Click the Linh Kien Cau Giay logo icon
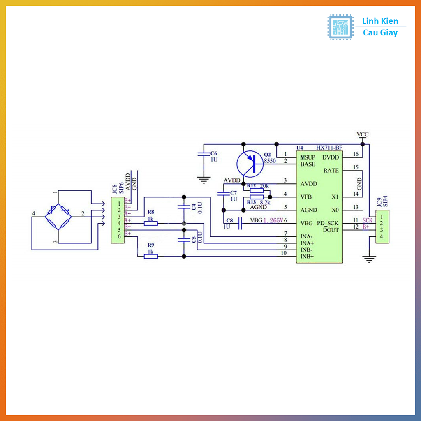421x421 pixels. [340, 27]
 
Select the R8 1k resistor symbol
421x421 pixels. [151, 223]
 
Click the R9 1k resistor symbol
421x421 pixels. [151, 257]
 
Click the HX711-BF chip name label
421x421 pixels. [328, 148]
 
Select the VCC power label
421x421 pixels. [363, 135]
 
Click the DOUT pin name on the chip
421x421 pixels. [331, 230]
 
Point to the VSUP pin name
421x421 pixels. [308, 157]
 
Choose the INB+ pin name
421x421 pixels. [307, 257]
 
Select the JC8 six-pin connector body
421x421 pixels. [117, 220]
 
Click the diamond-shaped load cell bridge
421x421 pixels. [58, 216]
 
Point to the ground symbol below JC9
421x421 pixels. [370, 259]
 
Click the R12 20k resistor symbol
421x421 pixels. [257, 190]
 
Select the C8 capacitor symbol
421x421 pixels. [241, 223]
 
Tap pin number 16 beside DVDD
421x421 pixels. [356, 154]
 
